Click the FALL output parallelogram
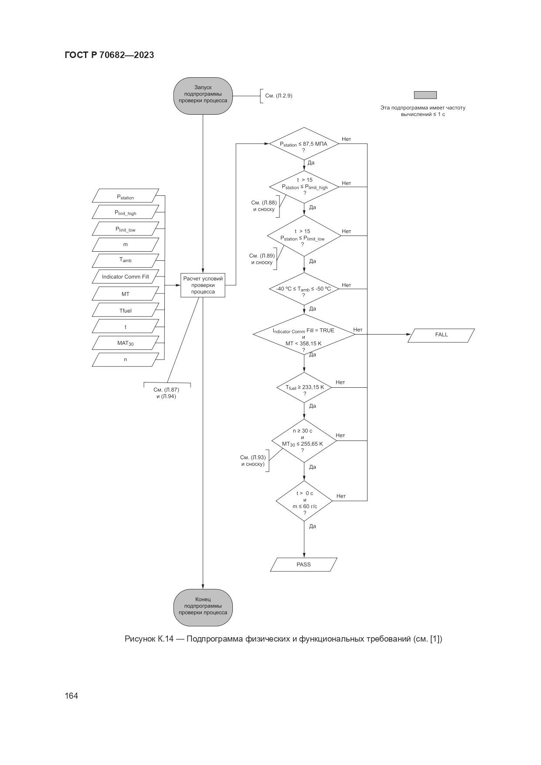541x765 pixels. point(441,335)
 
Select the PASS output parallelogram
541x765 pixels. point(303,564)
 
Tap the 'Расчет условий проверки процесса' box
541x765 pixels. point(203,285)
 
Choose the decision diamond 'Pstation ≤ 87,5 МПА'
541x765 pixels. point(304,144)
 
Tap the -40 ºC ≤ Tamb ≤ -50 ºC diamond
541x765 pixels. point(304,289)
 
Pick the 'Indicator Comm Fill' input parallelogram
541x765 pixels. point(126,277)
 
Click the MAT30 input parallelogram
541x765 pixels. point(126,343)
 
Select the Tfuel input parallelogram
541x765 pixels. point(126,311)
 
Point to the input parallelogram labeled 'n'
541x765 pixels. point(126,359)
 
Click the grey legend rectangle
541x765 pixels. point(425,95)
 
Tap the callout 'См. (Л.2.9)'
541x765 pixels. point(278,96)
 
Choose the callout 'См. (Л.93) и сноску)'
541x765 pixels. point(253,461)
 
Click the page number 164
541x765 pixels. point(71,696)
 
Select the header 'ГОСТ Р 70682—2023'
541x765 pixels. point(109,55)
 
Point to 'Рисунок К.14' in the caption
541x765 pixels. point(149,639)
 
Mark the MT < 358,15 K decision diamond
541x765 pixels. point(304,335)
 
